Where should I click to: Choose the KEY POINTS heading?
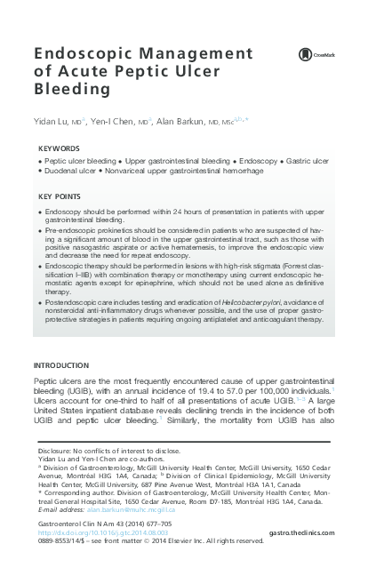60,196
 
